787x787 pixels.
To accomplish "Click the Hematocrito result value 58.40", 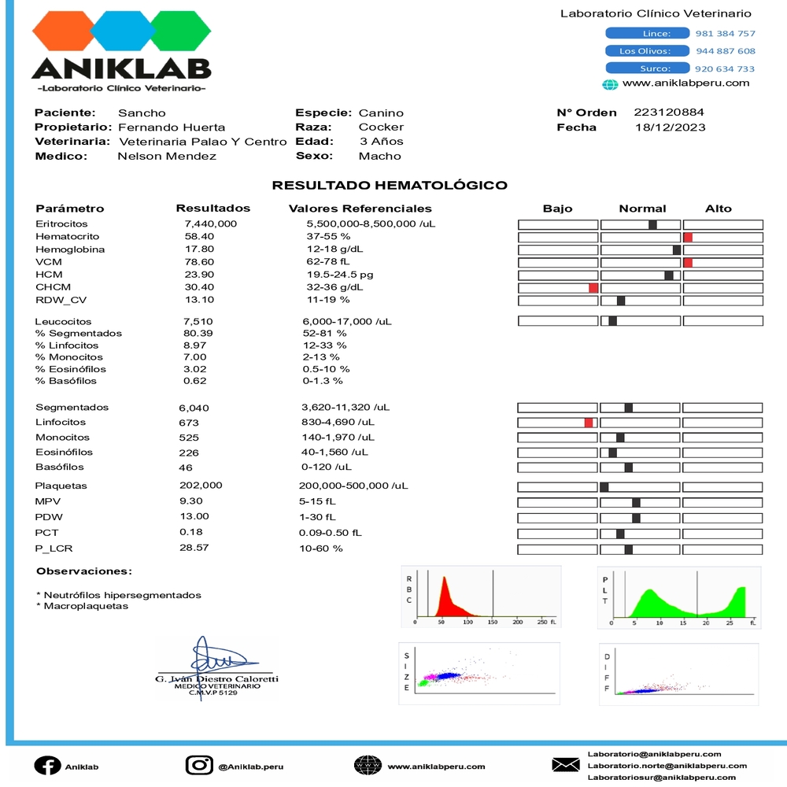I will [199, 236].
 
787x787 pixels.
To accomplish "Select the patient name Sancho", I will [142, 113].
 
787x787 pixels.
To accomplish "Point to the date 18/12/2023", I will [670, 127].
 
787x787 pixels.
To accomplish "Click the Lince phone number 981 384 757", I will [725, 34].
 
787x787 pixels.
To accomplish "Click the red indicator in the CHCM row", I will [593, 288].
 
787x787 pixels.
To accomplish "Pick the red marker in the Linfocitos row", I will [588, 423].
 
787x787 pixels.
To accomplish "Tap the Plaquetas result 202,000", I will [201, 486].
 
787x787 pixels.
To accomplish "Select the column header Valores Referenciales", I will [360, 209].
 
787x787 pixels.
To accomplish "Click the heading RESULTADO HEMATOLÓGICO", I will [390, 186].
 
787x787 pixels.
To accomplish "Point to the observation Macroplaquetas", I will [86, 606].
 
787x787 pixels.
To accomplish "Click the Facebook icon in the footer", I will [47, 766].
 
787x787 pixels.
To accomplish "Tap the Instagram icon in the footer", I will [199, 766].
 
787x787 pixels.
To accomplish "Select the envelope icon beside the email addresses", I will [565, 765].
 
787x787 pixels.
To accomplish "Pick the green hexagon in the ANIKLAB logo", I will [181, 31].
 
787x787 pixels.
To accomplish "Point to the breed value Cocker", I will [381, 127].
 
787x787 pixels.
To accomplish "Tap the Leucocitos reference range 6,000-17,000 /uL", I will [347, 321].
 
